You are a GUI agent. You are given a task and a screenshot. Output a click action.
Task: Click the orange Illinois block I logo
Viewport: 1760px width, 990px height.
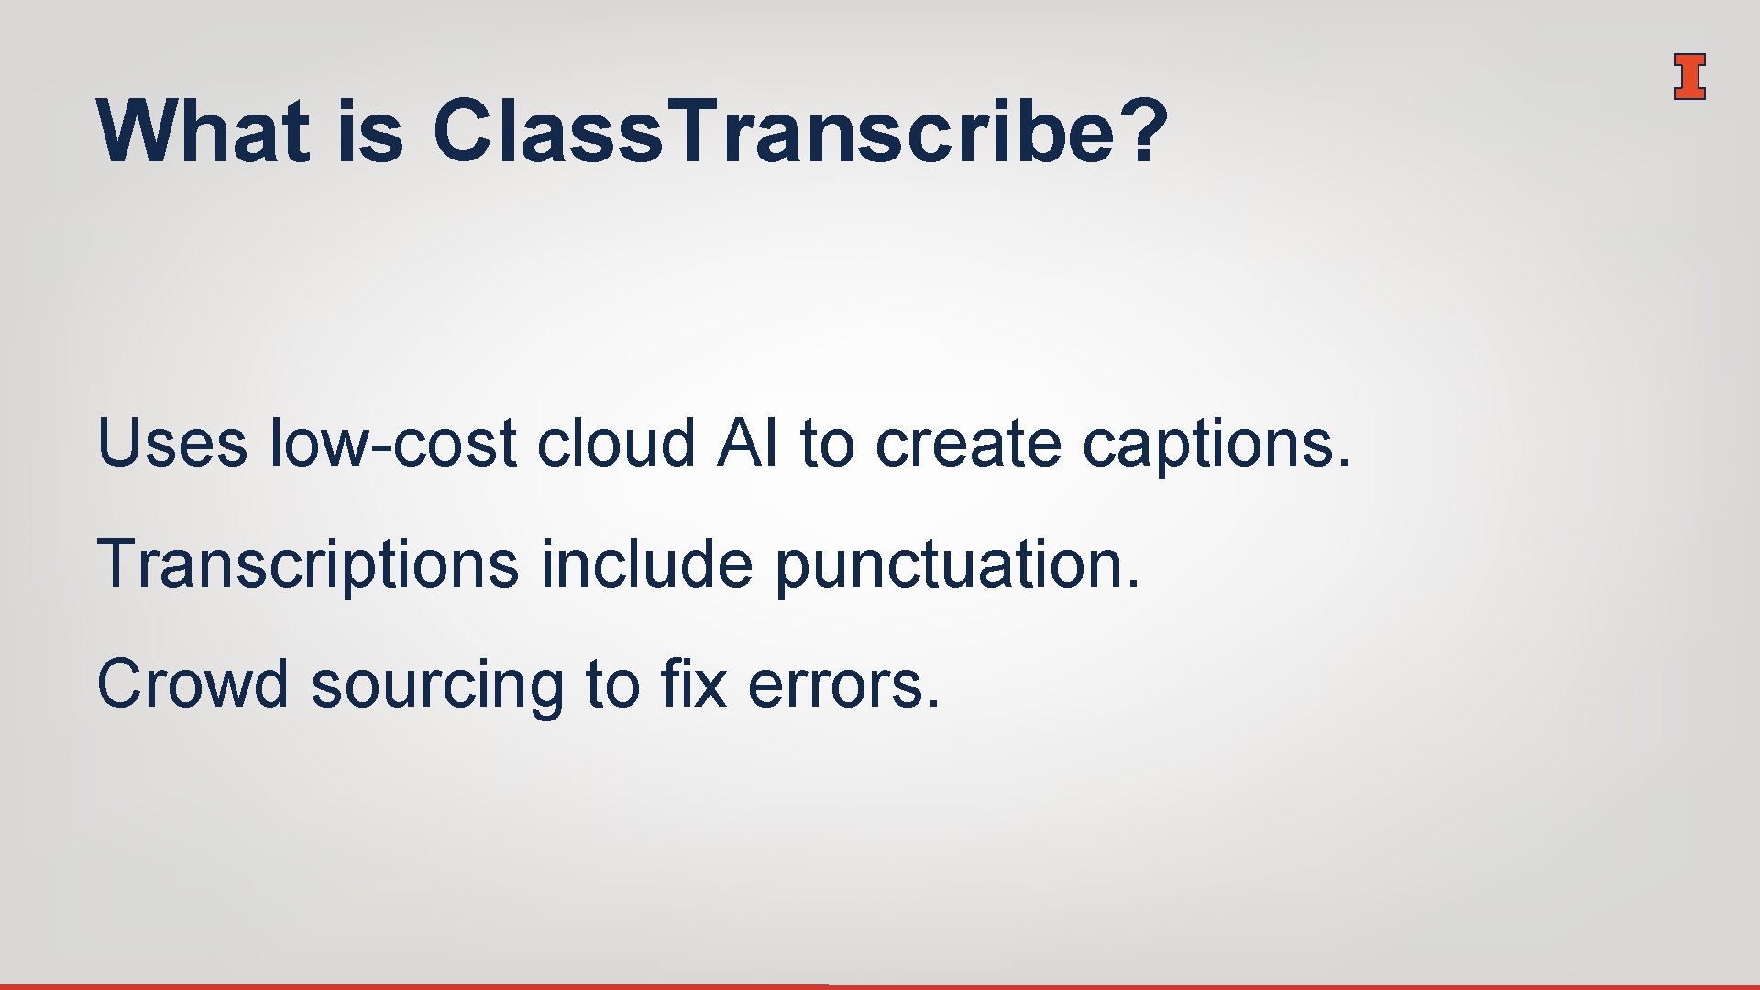[1688, 76]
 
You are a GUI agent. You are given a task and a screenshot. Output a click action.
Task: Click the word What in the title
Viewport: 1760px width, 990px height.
[203, 132]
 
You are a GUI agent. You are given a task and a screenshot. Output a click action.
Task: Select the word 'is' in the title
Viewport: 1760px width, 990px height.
[370, 132]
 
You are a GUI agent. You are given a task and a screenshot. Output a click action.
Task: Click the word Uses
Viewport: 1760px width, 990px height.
[171, 444]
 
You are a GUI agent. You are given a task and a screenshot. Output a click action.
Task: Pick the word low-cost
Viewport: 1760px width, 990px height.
[393, 444]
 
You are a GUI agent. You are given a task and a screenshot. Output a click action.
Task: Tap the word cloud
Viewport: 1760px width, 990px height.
[616, 444]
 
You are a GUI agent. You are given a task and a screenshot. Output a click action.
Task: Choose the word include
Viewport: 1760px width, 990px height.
[646, 564]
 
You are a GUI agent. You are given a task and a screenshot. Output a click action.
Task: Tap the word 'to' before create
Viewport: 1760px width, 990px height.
[827, 444]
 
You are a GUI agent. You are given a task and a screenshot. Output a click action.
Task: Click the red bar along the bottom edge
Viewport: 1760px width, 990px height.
[412, 986]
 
